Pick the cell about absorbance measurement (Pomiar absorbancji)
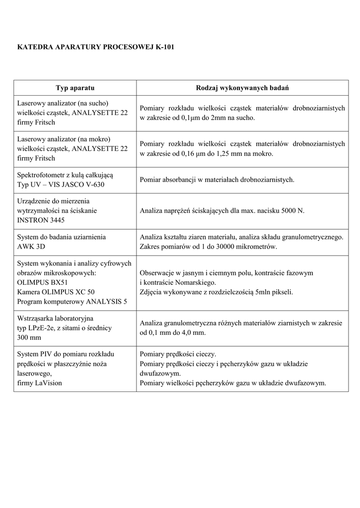(217, 180)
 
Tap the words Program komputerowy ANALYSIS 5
(72, 301)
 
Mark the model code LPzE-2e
(46, 327)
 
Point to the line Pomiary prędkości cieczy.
(178, 354)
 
